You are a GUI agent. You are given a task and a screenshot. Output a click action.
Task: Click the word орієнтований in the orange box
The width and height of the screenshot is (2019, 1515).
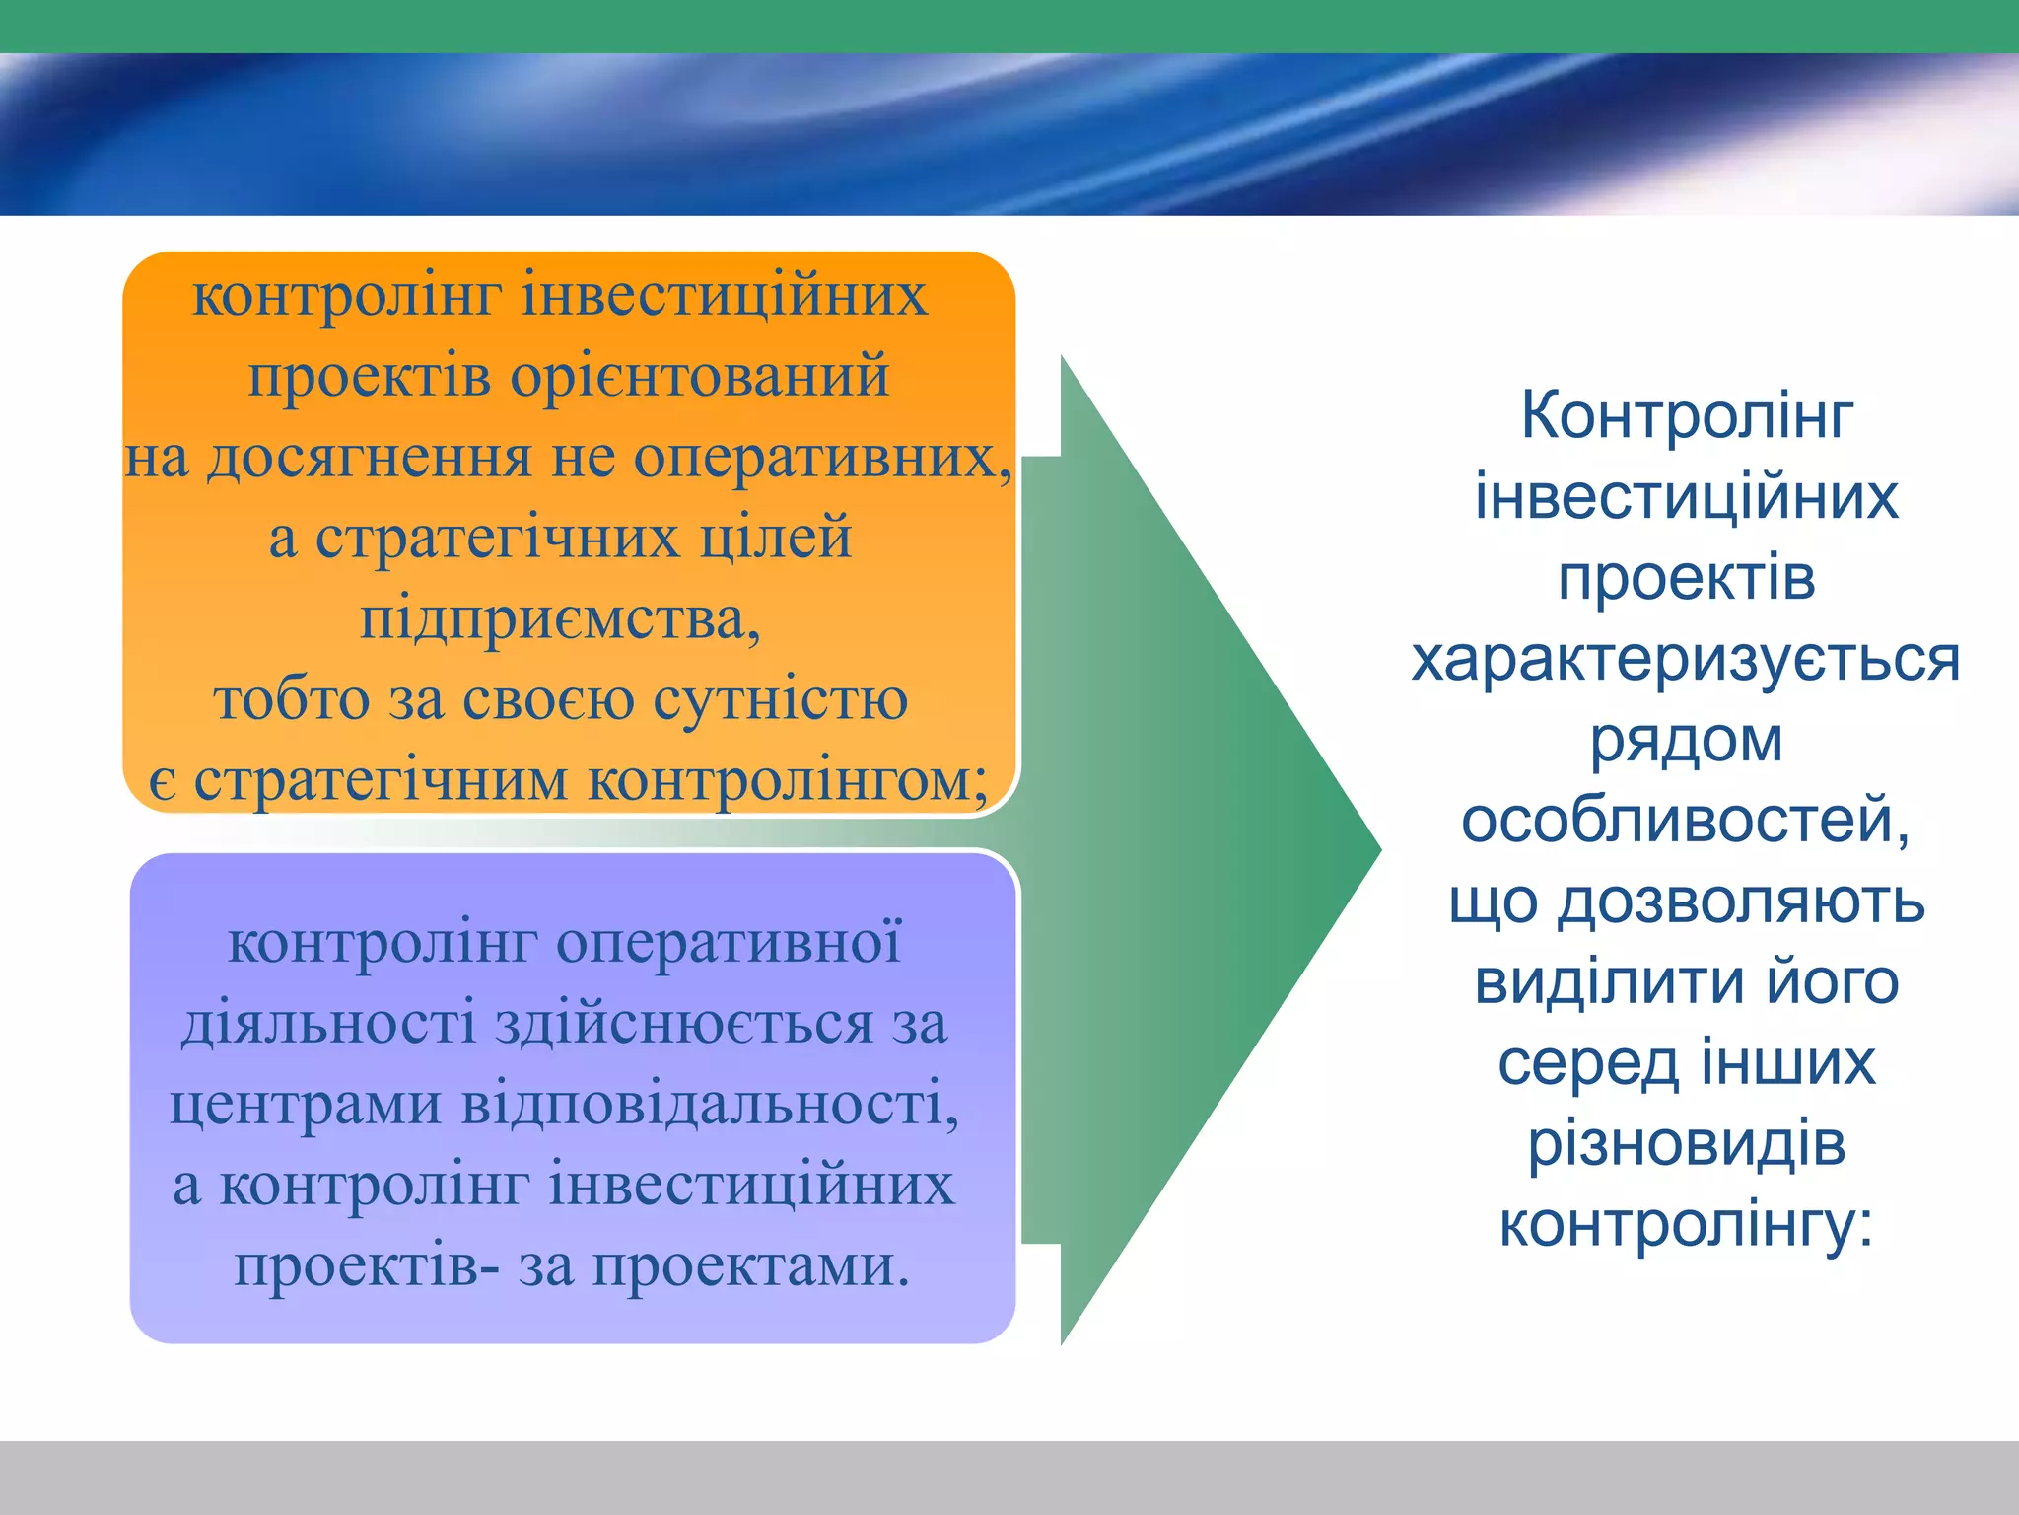pos(699,377)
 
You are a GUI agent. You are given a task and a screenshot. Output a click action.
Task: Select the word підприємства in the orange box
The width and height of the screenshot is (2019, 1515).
pos(558,619)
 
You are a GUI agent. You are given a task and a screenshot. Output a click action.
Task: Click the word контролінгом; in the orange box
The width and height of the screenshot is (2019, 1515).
pos(788,781)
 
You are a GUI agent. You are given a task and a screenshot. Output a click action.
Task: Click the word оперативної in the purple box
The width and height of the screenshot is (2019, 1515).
pos(729,943)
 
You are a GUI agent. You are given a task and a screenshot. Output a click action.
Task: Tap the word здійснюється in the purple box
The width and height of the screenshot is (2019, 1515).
pos(683,1024)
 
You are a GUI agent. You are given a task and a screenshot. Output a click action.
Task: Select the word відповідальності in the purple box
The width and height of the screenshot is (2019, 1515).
pos(709,1105)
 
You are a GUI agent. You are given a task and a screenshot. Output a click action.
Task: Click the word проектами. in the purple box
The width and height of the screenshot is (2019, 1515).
pos(750,1266)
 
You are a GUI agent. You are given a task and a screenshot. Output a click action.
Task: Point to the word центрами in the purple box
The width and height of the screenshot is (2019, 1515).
pos(305,1105)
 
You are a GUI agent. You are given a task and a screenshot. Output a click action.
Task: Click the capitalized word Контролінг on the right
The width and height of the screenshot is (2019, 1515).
pos(1686,415)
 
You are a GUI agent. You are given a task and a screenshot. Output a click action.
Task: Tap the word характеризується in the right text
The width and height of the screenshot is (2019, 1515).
pos(1686,659)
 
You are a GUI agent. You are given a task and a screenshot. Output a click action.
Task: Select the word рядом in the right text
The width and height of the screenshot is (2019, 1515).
pos(1686,740)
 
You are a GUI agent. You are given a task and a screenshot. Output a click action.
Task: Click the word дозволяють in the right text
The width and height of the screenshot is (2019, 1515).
pos(1741,902)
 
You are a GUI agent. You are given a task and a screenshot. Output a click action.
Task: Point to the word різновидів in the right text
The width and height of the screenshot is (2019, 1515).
pos(1686,1144)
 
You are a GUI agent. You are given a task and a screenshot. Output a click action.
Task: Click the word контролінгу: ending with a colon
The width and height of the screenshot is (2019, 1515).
pos(1686,1226)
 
